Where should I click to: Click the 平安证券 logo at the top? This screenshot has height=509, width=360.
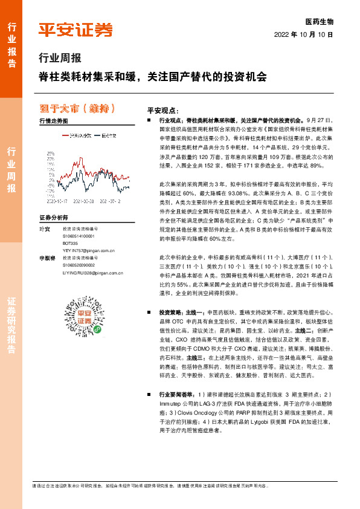[76, 30]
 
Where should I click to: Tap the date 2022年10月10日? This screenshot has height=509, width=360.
[307, 34]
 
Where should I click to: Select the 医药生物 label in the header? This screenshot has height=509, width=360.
[320, 21]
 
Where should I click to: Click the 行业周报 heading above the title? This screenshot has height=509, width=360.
[59, 59]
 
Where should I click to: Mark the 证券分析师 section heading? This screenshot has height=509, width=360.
[54, 217]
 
